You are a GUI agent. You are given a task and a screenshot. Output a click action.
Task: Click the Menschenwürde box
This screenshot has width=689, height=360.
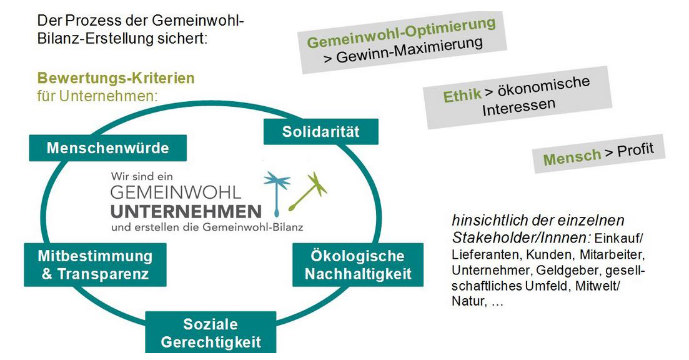click(107, 148)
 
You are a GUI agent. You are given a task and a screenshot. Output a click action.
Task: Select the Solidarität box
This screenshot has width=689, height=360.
click(321, 132)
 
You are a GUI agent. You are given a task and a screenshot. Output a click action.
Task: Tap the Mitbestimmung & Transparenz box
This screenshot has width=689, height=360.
click(95, 265)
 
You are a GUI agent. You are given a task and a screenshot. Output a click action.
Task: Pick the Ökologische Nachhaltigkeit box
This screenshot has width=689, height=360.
click(358, 265)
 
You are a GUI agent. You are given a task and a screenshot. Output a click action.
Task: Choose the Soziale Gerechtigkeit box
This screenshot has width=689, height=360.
click(211, 333)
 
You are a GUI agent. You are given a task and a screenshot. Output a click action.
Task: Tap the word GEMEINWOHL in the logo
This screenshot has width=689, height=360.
click(176, 192)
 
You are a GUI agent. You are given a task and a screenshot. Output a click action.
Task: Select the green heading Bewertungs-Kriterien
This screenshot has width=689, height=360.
click(116, 78)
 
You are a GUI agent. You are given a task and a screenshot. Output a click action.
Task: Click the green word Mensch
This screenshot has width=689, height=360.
click(572, 157)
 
